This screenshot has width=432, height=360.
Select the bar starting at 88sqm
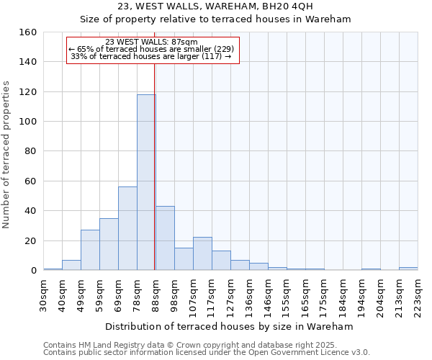tap(165, 238)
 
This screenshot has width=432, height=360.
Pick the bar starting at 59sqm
tap(109, 244)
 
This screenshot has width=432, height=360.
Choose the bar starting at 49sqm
tap(90, 250)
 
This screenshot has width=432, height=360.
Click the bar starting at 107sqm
tap(202, 253)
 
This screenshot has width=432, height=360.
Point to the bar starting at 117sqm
tap(221, 261)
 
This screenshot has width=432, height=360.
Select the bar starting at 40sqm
tap(71, 265)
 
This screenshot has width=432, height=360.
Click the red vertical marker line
tap(155, 158)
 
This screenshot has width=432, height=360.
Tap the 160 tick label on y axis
tap(28, 32)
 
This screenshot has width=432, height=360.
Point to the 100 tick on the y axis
tap(28, 122)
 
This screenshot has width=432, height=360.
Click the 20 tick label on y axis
tap(31, 240)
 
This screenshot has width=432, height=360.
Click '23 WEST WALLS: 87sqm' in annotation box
tap(151, 42)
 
